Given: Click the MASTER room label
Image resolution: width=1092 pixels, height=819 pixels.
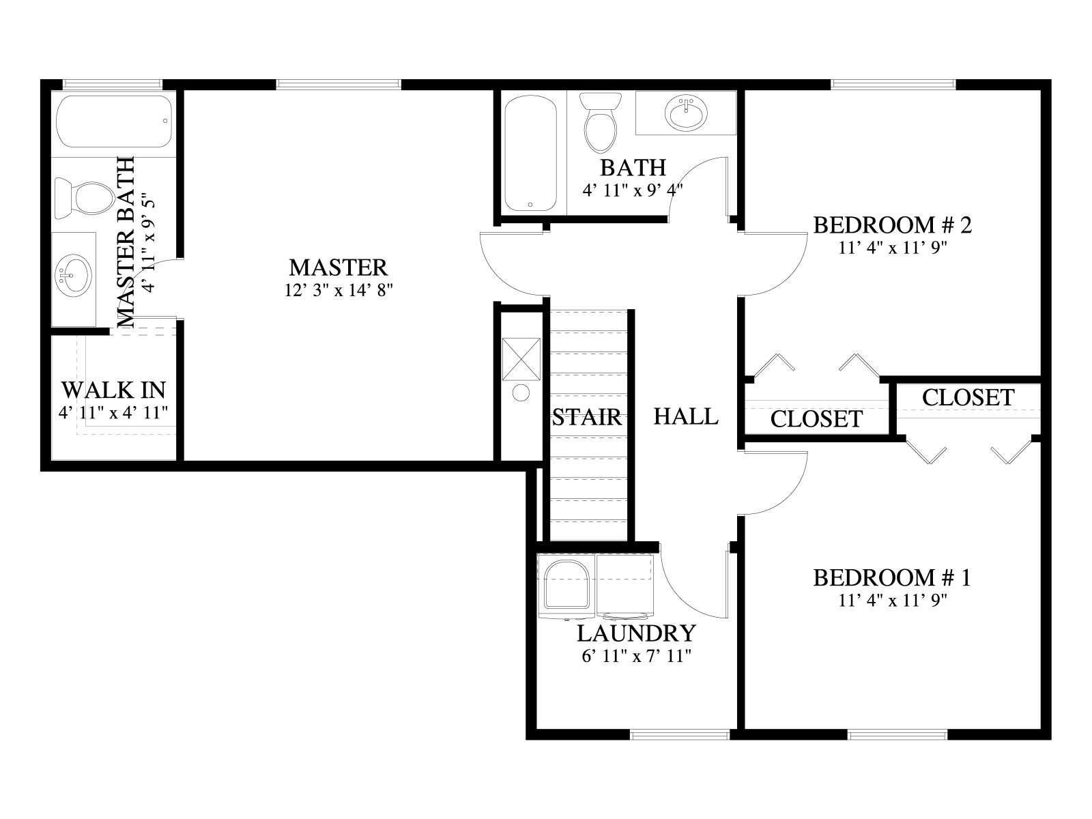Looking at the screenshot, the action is pyautogui.click(x=338, y=268).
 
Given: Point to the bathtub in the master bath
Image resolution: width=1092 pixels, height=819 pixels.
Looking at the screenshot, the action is pyautogui.click(x=115, y=121).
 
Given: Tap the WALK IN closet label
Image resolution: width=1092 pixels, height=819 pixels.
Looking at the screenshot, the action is pyautogui.click(x=113, y=390).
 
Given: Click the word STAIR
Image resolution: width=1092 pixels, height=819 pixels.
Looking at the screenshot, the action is pyautogui.click(x=587, y=417).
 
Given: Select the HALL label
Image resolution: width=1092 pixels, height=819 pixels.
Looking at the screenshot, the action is pyautogui.click(x=685, y=416).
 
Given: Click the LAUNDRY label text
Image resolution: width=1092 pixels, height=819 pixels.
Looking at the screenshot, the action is pyautogui.click(x=636, y=633).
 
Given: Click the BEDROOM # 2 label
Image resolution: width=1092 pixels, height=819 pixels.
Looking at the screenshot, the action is pyautogui.click(x=893, y=225).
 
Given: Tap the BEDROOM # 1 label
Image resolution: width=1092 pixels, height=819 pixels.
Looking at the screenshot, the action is pyautogui.click(x=892, y=577).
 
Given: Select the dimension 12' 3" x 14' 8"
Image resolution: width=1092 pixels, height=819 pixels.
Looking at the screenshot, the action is pyautogui.click(x=339, y=290).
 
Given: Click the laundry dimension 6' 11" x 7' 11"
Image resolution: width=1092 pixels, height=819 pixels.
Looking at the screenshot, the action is pyautogui.click(x=636, y=656).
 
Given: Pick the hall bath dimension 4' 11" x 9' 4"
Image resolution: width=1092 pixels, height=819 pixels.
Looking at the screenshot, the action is pyautogui.click(x=633, y=190).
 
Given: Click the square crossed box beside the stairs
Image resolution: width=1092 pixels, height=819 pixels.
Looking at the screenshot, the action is pyautogui.click(x=521, y=359).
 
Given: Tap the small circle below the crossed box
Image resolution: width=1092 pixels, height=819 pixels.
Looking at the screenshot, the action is pyautogui.click(x=521, y=392).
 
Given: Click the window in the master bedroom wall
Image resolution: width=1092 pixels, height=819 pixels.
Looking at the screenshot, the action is pyautogui.click(x=339, y=85).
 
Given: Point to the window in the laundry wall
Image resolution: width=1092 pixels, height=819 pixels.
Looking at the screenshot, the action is pyautogui.click(x=680, y=734).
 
